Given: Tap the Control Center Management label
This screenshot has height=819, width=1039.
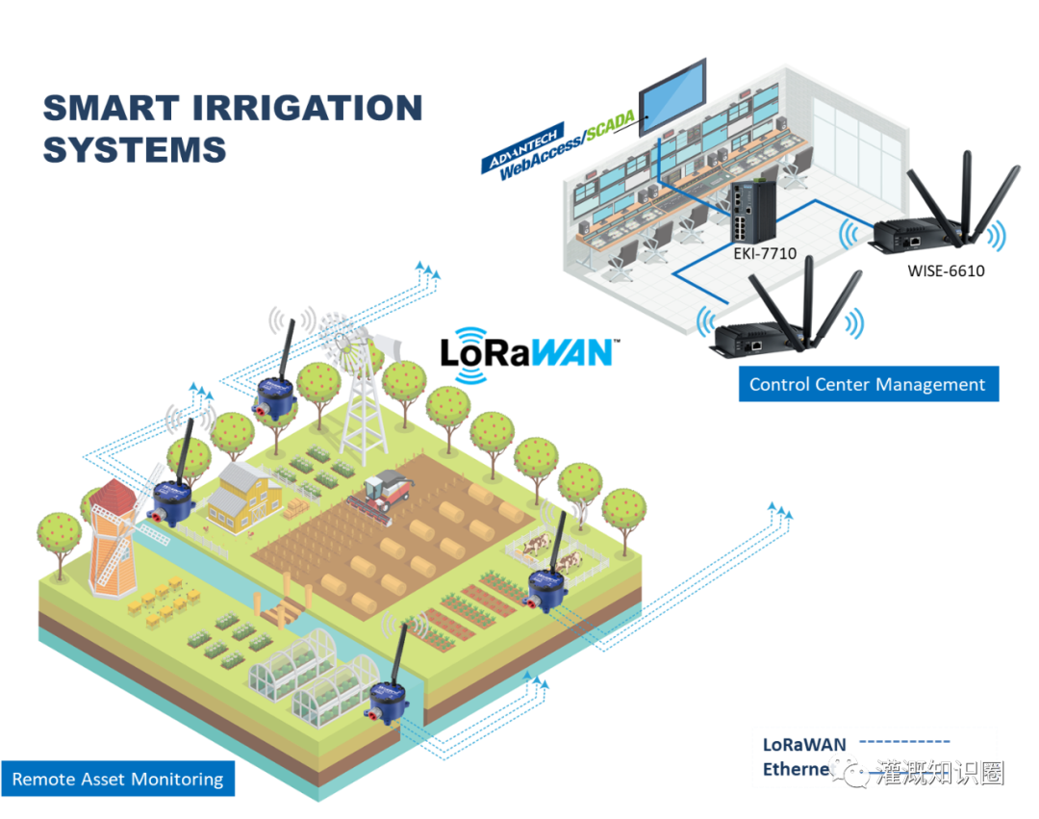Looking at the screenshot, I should point(867,384).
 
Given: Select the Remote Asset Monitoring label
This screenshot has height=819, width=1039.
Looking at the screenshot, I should point(117,779).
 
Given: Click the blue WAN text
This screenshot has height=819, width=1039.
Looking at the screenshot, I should point(571,352).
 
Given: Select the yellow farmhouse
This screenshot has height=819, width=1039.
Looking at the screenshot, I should point(244,493).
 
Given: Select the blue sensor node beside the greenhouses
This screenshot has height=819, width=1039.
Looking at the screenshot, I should point(389,703).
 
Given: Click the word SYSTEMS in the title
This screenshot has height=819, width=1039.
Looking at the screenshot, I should point(135,150).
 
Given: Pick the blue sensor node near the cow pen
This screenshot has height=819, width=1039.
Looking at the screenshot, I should point(545,588).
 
